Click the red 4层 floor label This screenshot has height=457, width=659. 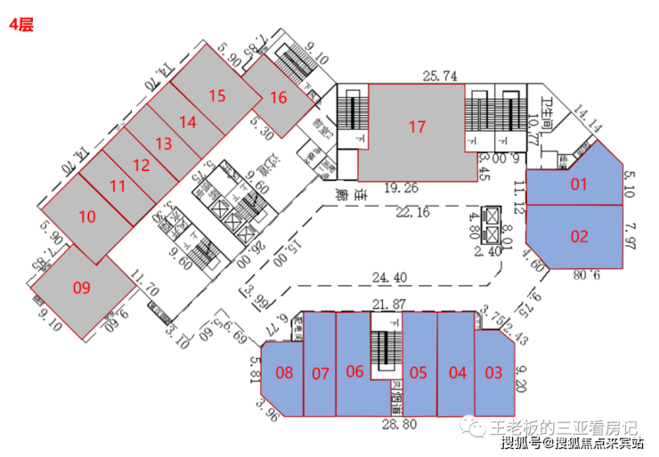tap(21, 25)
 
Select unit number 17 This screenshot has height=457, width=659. tap(417, 126)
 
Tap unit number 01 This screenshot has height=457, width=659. tap(580, 184)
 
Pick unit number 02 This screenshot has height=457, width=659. tap(580, 236)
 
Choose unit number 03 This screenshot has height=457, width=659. tap(493, 372)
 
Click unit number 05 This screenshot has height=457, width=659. tap(419, 372)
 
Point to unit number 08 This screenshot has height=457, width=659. tap(285, 372)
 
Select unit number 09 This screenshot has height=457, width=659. tap(82, 287)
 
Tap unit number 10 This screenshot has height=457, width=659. tap(86, 216)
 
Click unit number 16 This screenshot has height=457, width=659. tap(279, 97)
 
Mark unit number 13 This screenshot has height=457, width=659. tap(163, 143)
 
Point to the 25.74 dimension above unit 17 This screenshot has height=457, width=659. tap(440, 77)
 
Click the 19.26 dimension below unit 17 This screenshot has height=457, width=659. tap(402, 188)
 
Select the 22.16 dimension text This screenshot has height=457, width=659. tap(412, 211)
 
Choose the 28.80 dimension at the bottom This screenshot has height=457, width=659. tap(398, 425)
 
